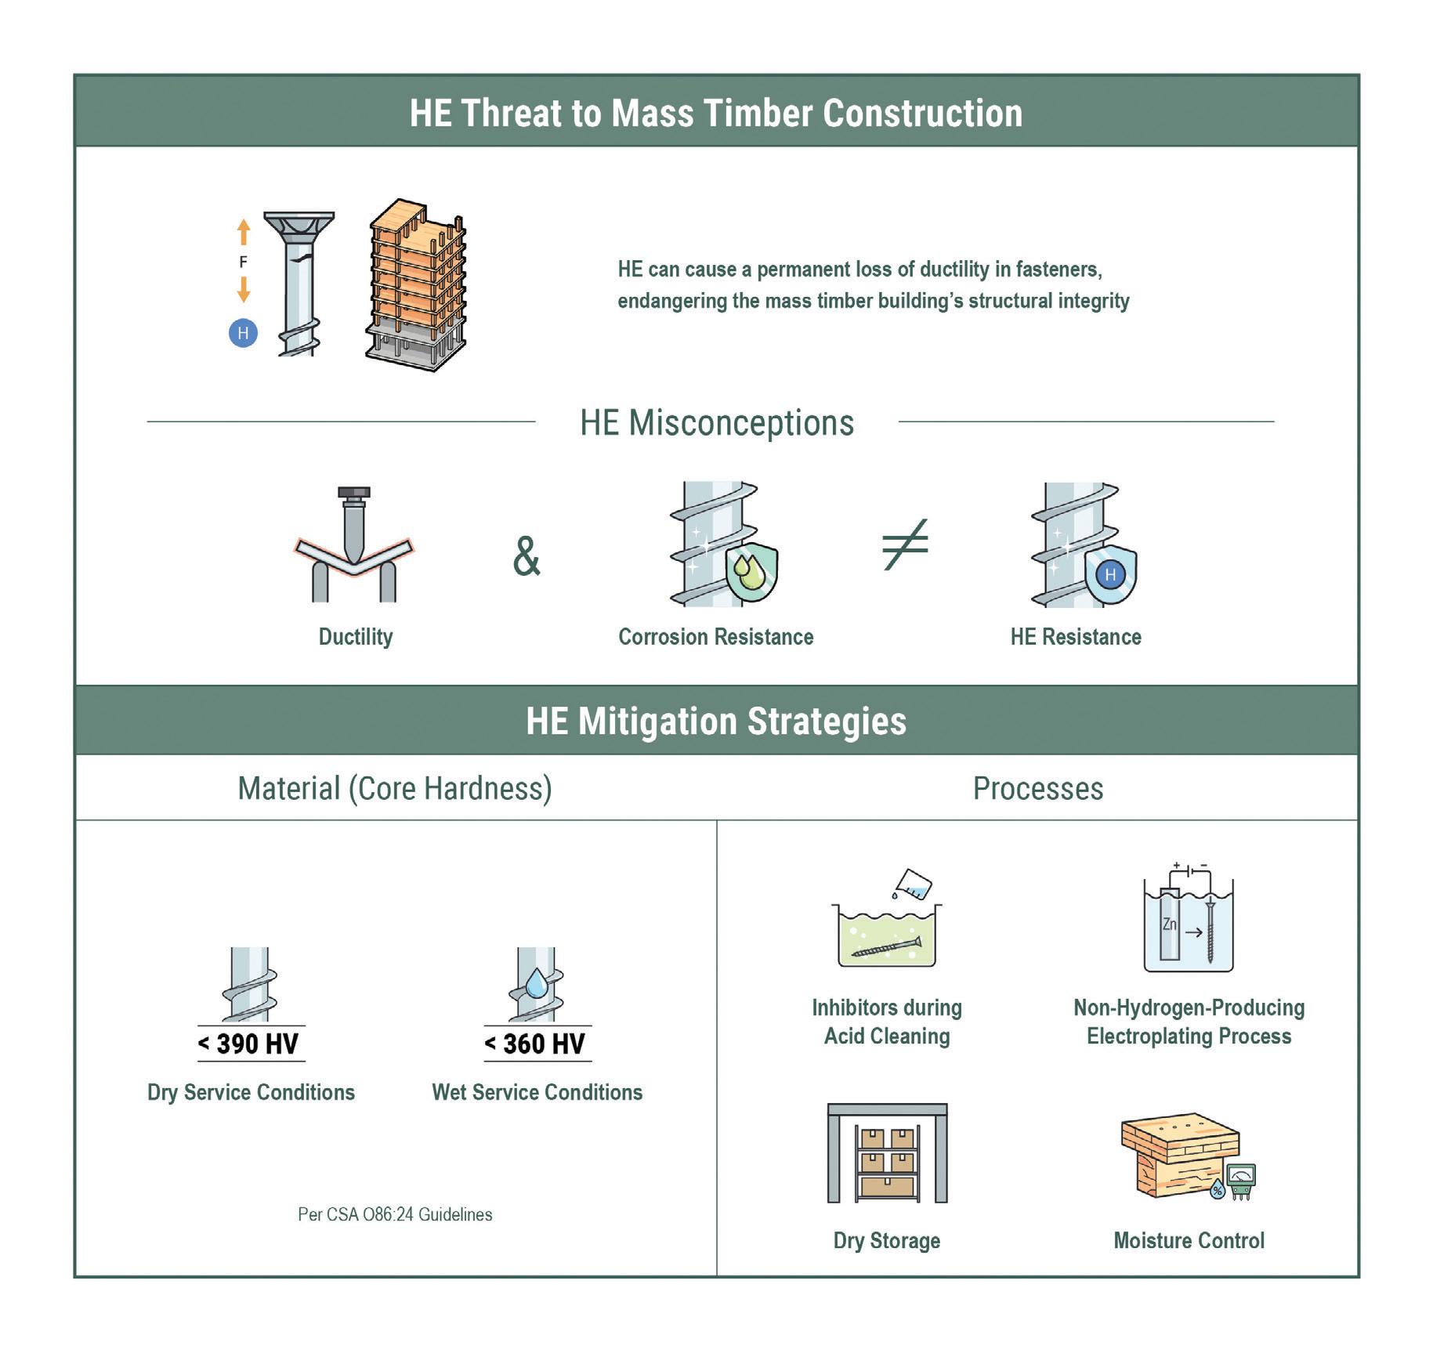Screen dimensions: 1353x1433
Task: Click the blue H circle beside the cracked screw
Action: (243, 333)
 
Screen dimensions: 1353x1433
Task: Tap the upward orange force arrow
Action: (244, 232)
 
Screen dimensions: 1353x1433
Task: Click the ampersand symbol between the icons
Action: (527, 556)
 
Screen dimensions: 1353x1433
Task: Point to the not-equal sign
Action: (905, 544)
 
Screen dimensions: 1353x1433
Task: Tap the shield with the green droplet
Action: (751, 573)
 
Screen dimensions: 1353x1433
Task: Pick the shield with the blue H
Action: (1110, 574)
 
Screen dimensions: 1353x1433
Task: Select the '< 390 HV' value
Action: (248, 1044)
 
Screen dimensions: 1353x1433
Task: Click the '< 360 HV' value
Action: (535, 1044)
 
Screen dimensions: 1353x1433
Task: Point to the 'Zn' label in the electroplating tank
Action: (1169, 924)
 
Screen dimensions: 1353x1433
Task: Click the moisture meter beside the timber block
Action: (1241, 1181)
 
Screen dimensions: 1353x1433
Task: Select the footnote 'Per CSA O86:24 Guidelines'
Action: (395, 1214)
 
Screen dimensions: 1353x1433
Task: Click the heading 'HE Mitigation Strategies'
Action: (716, 721)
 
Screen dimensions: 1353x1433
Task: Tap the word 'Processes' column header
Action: (1037, 788)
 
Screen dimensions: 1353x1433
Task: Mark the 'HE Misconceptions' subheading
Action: (716, 423)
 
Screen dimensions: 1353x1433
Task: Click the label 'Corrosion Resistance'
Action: (715, 637)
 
